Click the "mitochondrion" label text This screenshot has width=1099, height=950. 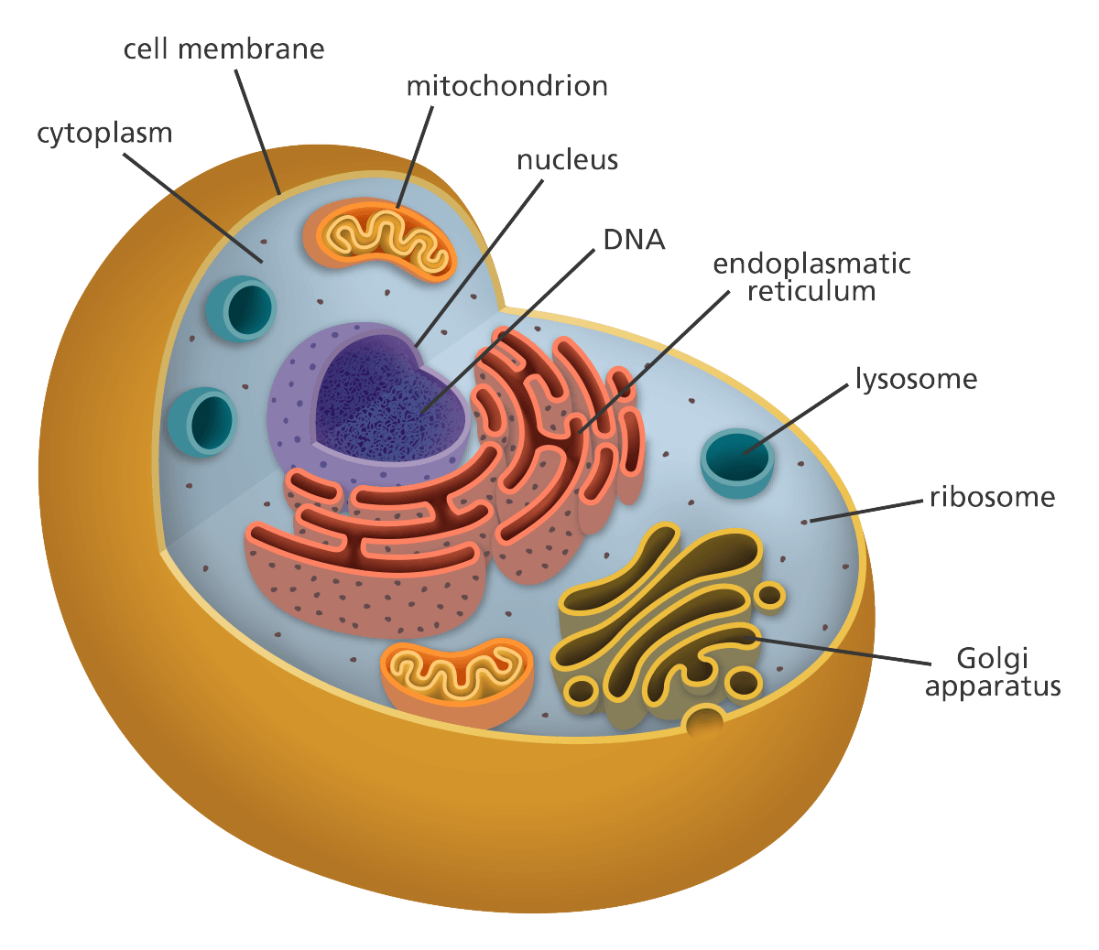tap(507, 87)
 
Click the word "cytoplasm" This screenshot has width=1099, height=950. tap(104, 134)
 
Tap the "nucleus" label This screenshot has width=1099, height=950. tap(568, 160)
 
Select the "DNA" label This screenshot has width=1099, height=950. tap(634, 240)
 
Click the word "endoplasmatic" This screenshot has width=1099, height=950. tap(811, 264)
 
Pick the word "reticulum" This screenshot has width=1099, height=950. tap(811, 292)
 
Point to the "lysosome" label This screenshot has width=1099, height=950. tap(916, 379)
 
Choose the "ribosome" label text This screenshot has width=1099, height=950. tap(992, 498)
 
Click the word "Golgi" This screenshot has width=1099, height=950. tap(993, 659)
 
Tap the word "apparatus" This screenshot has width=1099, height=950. tap(993, 686)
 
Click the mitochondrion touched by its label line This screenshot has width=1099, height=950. tap(380, 240)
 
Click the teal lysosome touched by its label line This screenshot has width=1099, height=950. tap(736, 462)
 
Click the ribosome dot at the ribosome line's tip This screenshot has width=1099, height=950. tap(806, 523)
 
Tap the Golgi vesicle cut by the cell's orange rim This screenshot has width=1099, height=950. tap(705, 724)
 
